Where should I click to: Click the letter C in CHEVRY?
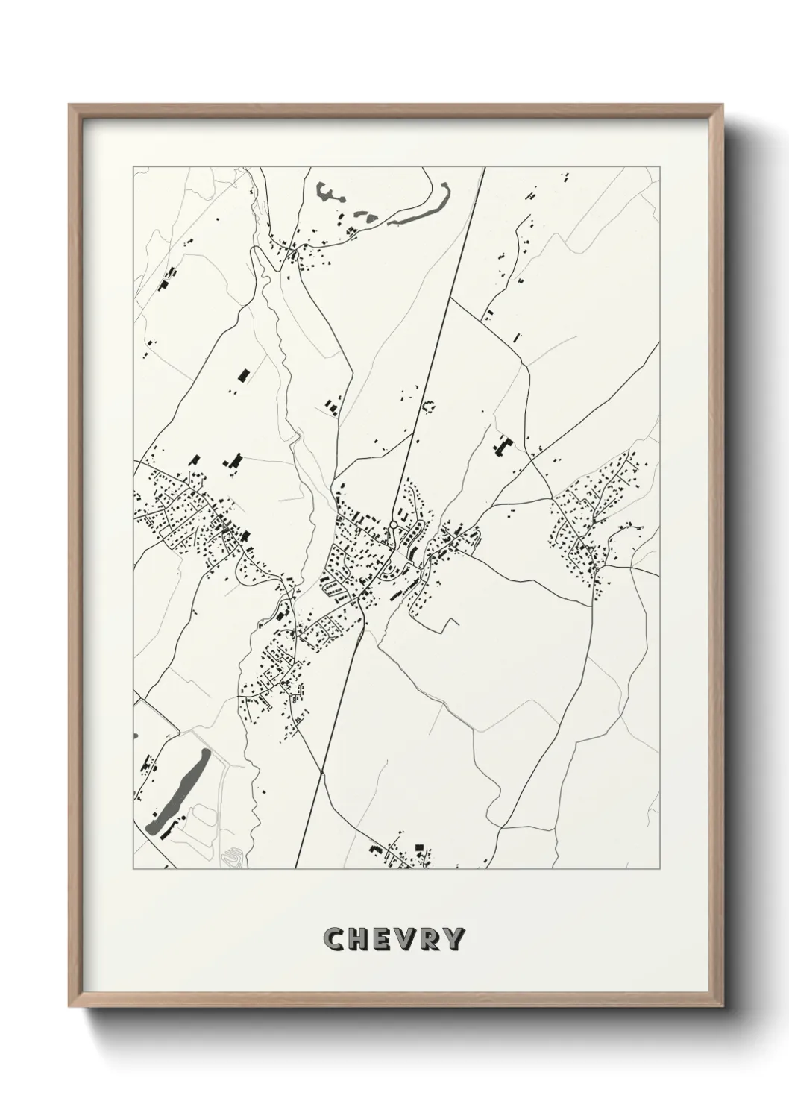click(x=333, y=939)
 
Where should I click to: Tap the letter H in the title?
click(x=357, y=939)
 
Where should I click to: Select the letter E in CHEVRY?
click(x=381, y=939)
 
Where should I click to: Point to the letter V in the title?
click(x=406, y=939)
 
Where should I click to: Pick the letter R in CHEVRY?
click(x=430, y=939)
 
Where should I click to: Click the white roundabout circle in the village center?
click(x=393, y=525)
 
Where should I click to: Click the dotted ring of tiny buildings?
click(x=429, y=407)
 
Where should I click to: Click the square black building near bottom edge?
click(x=419, y=847)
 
